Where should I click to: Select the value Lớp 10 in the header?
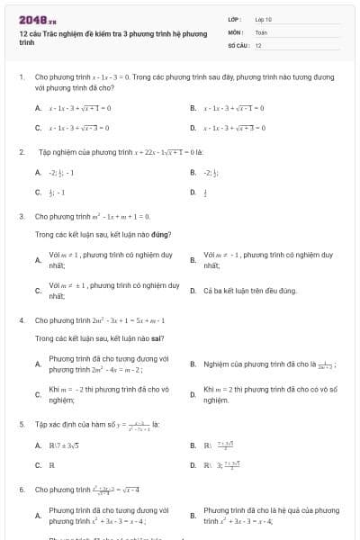click(x=264, y=18)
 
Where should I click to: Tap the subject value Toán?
click(x=261, y=31)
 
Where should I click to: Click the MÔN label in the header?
click(x=235, y=31)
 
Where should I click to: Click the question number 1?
click(x=21, y=78)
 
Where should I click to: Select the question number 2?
click(x=21, y=152)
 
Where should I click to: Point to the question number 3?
click(x=21, y=217)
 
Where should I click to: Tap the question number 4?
click(x=21, y=320)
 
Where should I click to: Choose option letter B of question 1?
click(x=193, y=108)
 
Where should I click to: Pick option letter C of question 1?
click(x=38, y=128)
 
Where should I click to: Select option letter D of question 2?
click(x=193, y=192)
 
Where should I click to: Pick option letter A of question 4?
click(x=38, y=364)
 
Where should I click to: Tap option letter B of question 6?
click(x=193, y=516)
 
